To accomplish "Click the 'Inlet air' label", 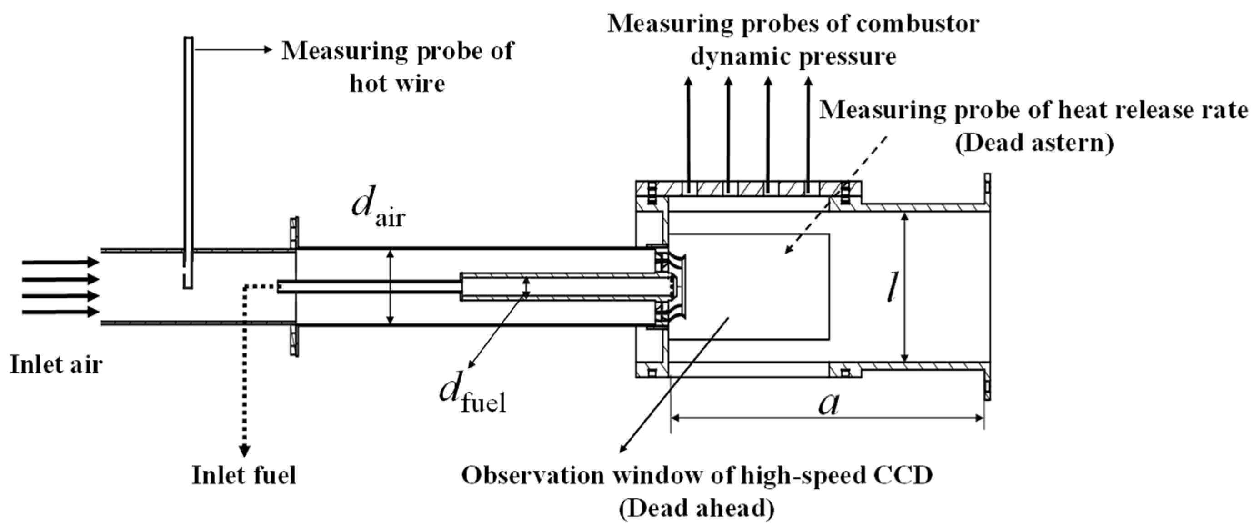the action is tap(56, 364).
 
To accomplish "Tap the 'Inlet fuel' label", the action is tap(244, 475).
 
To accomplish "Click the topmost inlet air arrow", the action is tap(61, 262).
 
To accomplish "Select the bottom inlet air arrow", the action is tap(61, 312).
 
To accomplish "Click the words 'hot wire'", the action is tap(397, 83).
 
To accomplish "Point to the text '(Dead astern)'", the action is tap(1034, 144).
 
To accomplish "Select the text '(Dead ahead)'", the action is tap(697, 508).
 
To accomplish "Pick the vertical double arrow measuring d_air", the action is tap(389, 287).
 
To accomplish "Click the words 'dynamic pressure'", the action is tap(793, 56).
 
